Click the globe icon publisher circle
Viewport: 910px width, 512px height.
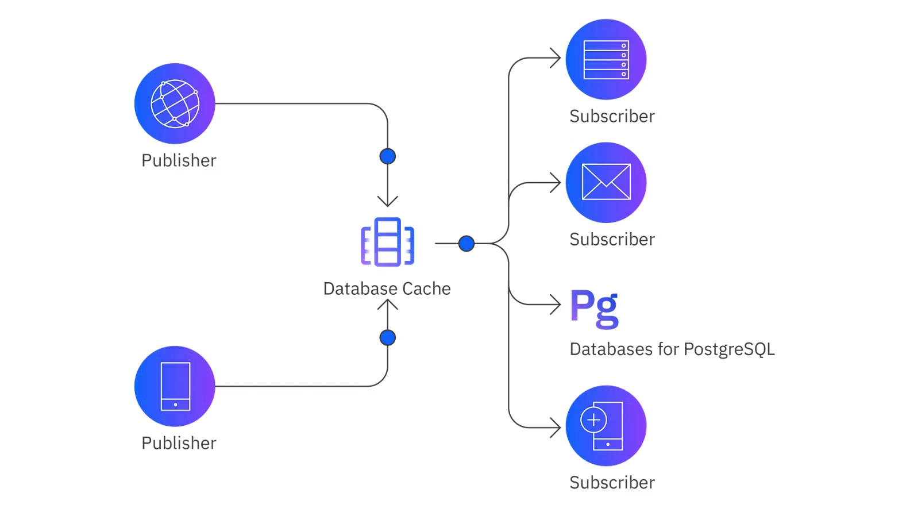175,103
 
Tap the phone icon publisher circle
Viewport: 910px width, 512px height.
175,386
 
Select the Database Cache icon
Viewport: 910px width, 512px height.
388,242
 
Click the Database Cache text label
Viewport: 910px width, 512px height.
387,288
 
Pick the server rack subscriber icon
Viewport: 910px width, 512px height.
606,59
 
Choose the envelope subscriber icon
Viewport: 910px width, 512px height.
606,182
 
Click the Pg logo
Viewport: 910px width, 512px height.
595,309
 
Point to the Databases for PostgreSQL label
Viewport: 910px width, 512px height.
672,349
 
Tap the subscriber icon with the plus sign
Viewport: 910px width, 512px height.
606,426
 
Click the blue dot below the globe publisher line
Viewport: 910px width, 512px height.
388,156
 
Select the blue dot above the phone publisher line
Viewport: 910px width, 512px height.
388,337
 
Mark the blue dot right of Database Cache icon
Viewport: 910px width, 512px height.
466,244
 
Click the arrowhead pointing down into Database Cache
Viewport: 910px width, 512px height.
388,201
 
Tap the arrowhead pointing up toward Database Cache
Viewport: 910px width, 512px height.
388,304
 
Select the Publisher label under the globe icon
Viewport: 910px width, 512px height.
179,160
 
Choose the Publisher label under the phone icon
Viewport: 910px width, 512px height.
179,443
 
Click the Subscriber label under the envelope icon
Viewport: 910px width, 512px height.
612,239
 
